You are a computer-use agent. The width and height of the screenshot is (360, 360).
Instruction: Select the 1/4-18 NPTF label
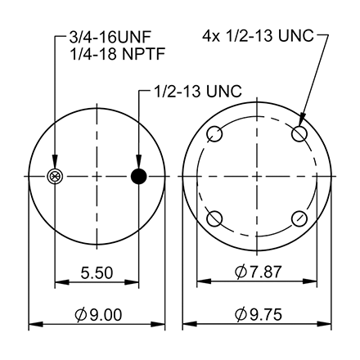[107, 56]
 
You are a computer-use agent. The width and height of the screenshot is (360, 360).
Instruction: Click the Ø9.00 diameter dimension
[97, 313]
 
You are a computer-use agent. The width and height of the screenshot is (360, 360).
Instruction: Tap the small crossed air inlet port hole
[56, 176]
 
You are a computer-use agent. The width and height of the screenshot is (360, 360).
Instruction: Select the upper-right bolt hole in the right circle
[300, 133]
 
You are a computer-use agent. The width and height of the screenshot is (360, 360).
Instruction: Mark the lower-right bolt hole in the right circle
[300, 218]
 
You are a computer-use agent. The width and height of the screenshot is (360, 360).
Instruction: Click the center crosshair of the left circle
[97, 176]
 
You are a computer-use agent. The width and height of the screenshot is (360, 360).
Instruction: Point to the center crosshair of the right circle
[258, 176]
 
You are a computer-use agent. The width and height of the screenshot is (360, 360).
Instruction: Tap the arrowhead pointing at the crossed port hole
[56, 166]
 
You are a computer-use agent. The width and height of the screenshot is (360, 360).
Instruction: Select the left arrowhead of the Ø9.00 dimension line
[34, 326]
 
